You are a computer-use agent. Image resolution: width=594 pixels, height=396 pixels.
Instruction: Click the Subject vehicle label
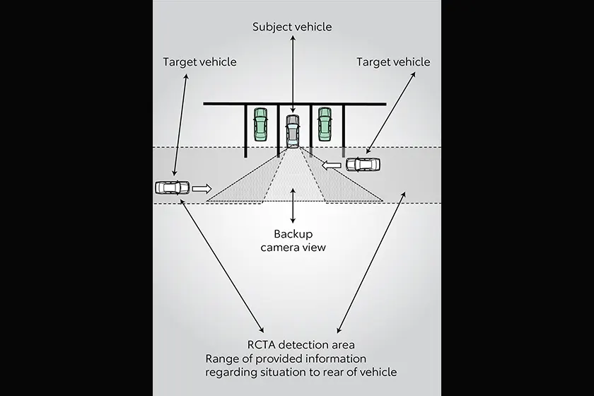click(x=292, y=27)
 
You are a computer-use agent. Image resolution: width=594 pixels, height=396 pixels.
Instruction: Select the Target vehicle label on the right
click(x=392, y=62)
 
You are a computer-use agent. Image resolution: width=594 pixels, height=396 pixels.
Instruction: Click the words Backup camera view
click(x=292, y=240)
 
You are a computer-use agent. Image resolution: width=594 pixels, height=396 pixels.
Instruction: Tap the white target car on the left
click(x=173, y=188)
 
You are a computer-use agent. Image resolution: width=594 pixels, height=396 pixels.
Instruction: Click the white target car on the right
click(x=363, y=165)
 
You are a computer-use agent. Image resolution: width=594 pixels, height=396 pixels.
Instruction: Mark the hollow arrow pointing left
click(x=331, y=165)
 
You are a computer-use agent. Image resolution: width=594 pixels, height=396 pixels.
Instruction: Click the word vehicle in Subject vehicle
click(x=312, y=27)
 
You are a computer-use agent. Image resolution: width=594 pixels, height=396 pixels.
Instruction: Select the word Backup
click(x=292, y=234)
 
